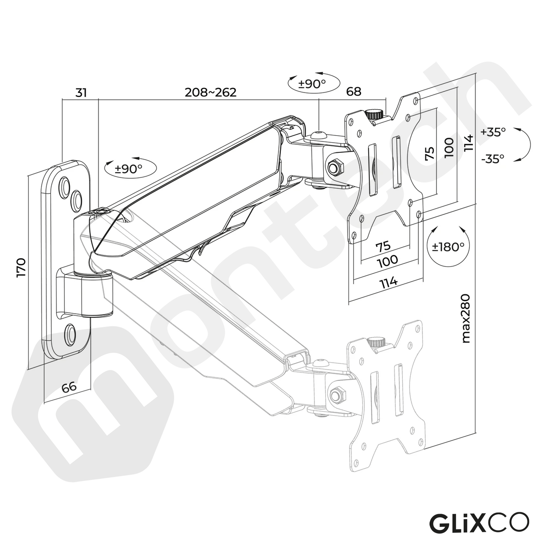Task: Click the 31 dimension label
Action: click(x=81, y=93)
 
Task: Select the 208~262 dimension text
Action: click(x=210, y=92)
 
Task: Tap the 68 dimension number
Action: click(x=353, y=91)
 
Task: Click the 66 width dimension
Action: click(x=69, y=387)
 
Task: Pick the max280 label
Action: click(x=466, y=319)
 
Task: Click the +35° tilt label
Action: click(x=493, y=132)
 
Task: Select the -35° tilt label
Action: click(x=493, y=159)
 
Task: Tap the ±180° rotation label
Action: click(x=448, y=247)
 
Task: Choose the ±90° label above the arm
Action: click(x=312, y=84)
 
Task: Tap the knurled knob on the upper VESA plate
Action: click(x=374, y=114)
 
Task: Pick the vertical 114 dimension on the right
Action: click(x=468, y=143)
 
